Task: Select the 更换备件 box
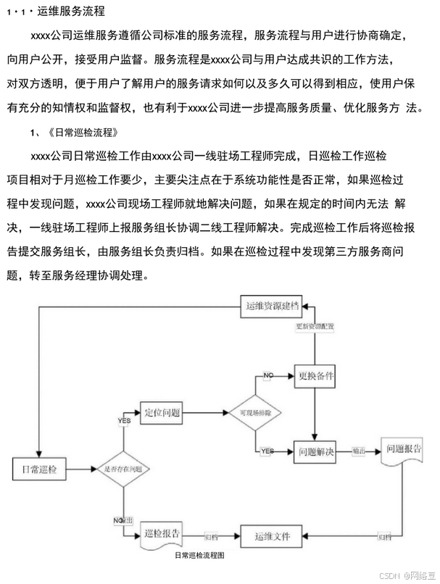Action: pos(316,377)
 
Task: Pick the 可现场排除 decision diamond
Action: pos(254,412)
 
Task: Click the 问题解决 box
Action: pos(316,453)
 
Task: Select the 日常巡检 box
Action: pos(40,469)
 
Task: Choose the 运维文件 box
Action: pos(272,537)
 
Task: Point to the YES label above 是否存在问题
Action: pos(124,420)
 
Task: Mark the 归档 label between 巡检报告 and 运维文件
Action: pos(211,538)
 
